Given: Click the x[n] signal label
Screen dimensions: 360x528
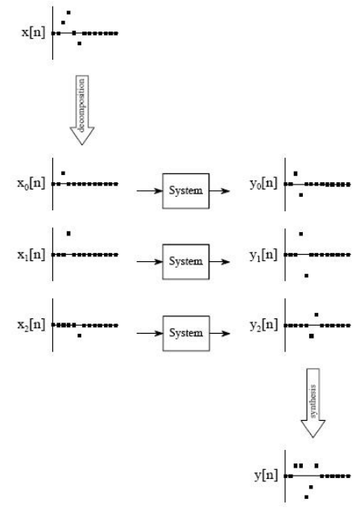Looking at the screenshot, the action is tap(33, 33).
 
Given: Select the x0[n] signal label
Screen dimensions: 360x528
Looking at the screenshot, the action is tap(31, 184).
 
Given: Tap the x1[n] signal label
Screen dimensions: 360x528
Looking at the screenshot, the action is tap(31, 255).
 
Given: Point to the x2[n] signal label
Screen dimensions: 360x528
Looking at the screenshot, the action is tap(31, 325).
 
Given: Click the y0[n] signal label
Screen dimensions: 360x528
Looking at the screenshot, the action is tap(263, 184).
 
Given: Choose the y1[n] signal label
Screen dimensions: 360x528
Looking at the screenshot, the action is tap(263, 255).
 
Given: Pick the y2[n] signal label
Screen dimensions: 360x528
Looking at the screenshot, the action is tap(263, 326).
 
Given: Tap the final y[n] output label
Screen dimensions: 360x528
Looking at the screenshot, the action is tap(266, 475).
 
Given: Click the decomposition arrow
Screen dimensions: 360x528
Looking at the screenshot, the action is tap(82, 110).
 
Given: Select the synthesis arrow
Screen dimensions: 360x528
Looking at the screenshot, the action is tap(313, 403).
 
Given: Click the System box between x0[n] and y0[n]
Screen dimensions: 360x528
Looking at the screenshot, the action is tap(186, 191).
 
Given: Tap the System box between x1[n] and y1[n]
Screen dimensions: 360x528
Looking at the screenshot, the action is tap(186, 262).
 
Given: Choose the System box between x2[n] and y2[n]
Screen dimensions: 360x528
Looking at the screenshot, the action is tap(186, 334).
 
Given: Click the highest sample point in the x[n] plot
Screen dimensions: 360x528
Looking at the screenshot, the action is tap(68, 13).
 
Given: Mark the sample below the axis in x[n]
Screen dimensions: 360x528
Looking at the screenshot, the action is tap(79, 44).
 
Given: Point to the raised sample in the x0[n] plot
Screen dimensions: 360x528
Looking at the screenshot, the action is tap(63, 173).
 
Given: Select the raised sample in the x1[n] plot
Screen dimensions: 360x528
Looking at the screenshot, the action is tap(68, 233).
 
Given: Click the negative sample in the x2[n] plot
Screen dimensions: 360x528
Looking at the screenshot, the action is tap(79, 335).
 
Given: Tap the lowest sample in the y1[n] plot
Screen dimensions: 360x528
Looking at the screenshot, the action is tap(306, 276).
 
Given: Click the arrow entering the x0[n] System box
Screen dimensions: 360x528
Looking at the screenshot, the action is tap(149, 191).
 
